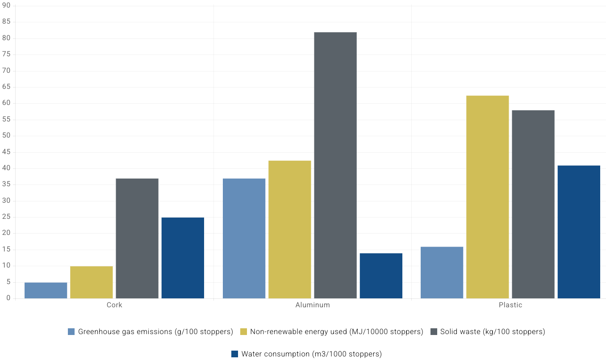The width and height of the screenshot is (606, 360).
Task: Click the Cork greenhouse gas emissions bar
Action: [x=46, y=290]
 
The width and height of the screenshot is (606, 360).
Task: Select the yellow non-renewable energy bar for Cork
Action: [x=92, y=282]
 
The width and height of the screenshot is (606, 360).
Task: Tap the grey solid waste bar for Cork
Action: [x=137, y=239]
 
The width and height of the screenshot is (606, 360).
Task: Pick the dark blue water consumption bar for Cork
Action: [x=183, y=258]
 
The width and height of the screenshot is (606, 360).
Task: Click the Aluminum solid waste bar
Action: [x=335, y=165]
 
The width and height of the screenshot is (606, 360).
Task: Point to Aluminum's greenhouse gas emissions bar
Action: [x=244, y=239]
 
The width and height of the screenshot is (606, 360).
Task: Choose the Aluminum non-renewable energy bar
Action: [x=290, y=230]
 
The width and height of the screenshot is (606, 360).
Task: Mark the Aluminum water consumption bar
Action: [x=381, y=276]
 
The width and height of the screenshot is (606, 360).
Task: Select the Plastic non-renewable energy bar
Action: [x=488, y=197]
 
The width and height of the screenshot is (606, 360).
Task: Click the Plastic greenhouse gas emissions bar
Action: [x=442, y=272]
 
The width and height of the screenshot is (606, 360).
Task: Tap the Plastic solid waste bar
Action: [x=533, y=204]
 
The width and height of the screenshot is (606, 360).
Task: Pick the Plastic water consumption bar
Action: [x=579, y=232]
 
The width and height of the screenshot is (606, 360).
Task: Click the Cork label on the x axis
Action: [x=114, y=305]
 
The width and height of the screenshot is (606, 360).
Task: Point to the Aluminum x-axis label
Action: [x=313, y=305]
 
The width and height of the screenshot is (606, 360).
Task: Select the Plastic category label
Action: [x=510, y=305]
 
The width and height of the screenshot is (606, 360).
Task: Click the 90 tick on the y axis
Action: [x=7, y=6]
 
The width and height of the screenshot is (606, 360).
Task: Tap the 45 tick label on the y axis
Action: [x=7, y=152]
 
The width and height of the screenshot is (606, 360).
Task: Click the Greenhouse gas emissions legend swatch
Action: [x=71, y=331]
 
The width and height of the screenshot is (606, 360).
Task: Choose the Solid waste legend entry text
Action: [x=493, y=331]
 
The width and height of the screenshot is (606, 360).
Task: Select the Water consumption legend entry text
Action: [x=311, y=354]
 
